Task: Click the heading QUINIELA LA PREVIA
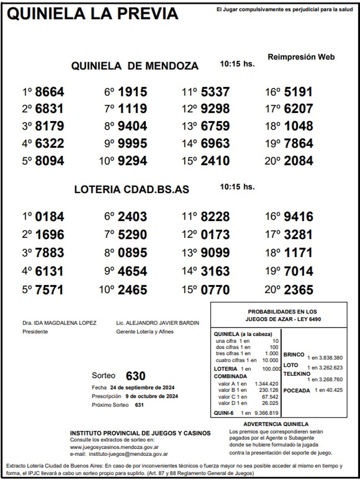point(92,14)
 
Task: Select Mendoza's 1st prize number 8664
point(49,92)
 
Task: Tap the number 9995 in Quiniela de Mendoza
point(132,143)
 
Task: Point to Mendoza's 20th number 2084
point(298,161)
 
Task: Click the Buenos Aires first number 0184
point(49,217)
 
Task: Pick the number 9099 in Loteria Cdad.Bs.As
point(215,253)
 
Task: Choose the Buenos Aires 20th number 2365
point(298,290)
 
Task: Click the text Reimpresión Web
point(301,57)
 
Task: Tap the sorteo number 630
point(136,376)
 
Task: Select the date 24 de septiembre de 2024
point(142,388)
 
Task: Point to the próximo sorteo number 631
point(139,405)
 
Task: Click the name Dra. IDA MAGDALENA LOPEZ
point(59,323)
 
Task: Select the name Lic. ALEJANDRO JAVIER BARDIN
point(157,323)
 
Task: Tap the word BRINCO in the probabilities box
point(294,355)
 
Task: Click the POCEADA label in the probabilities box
point(296,391)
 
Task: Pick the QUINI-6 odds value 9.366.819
point(266,413)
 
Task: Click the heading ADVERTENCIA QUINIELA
point(276,424)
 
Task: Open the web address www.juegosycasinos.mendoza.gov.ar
point(114,447)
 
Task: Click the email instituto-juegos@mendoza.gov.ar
point(128,454)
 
